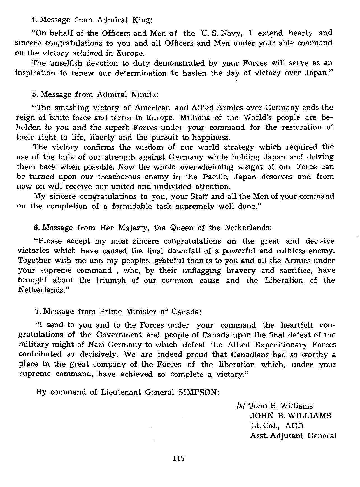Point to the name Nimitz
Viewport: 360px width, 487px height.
(x=145, y=94)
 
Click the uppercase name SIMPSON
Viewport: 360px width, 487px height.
(x=198, y=392)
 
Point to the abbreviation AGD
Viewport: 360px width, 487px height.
(x=294, y=426)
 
